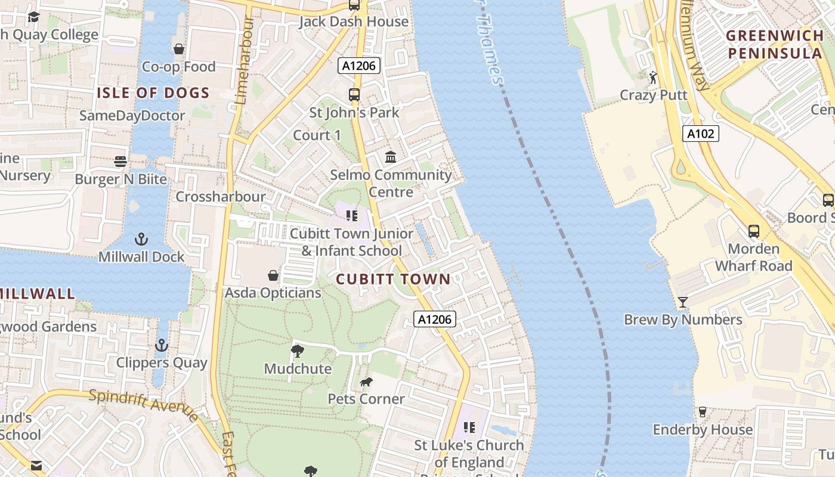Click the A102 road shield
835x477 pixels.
(x=700, y=134)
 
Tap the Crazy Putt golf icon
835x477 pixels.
(x=653, y=78)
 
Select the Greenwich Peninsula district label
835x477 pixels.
(x=775, y=45)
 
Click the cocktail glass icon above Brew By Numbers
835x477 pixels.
(x=683, y=302)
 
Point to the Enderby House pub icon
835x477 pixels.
(x=702, y=412)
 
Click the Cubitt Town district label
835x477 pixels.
(x=393, y=279)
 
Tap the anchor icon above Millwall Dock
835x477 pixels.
(x=141, y=240)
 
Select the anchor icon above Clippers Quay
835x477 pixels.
(x=162, y=345)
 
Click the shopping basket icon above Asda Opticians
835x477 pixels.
(x=273, y=275)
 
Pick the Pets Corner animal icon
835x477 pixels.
(x=366, y=382)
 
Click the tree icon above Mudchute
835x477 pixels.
(x=298, y=351)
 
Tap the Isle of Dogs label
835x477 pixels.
(x=153, y=93)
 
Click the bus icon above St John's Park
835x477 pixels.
(x=354, y=94)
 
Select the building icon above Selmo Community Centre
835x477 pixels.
(x=391, y=157)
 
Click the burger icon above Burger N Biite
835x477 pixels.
(x=120, y=162)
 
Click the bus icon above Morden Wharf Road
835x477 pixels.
(x=754, y=231)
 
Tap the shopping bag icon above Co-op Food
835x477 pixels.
(x=178, y=49)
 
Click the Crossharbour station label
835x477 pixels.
(x=221, y=197)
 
